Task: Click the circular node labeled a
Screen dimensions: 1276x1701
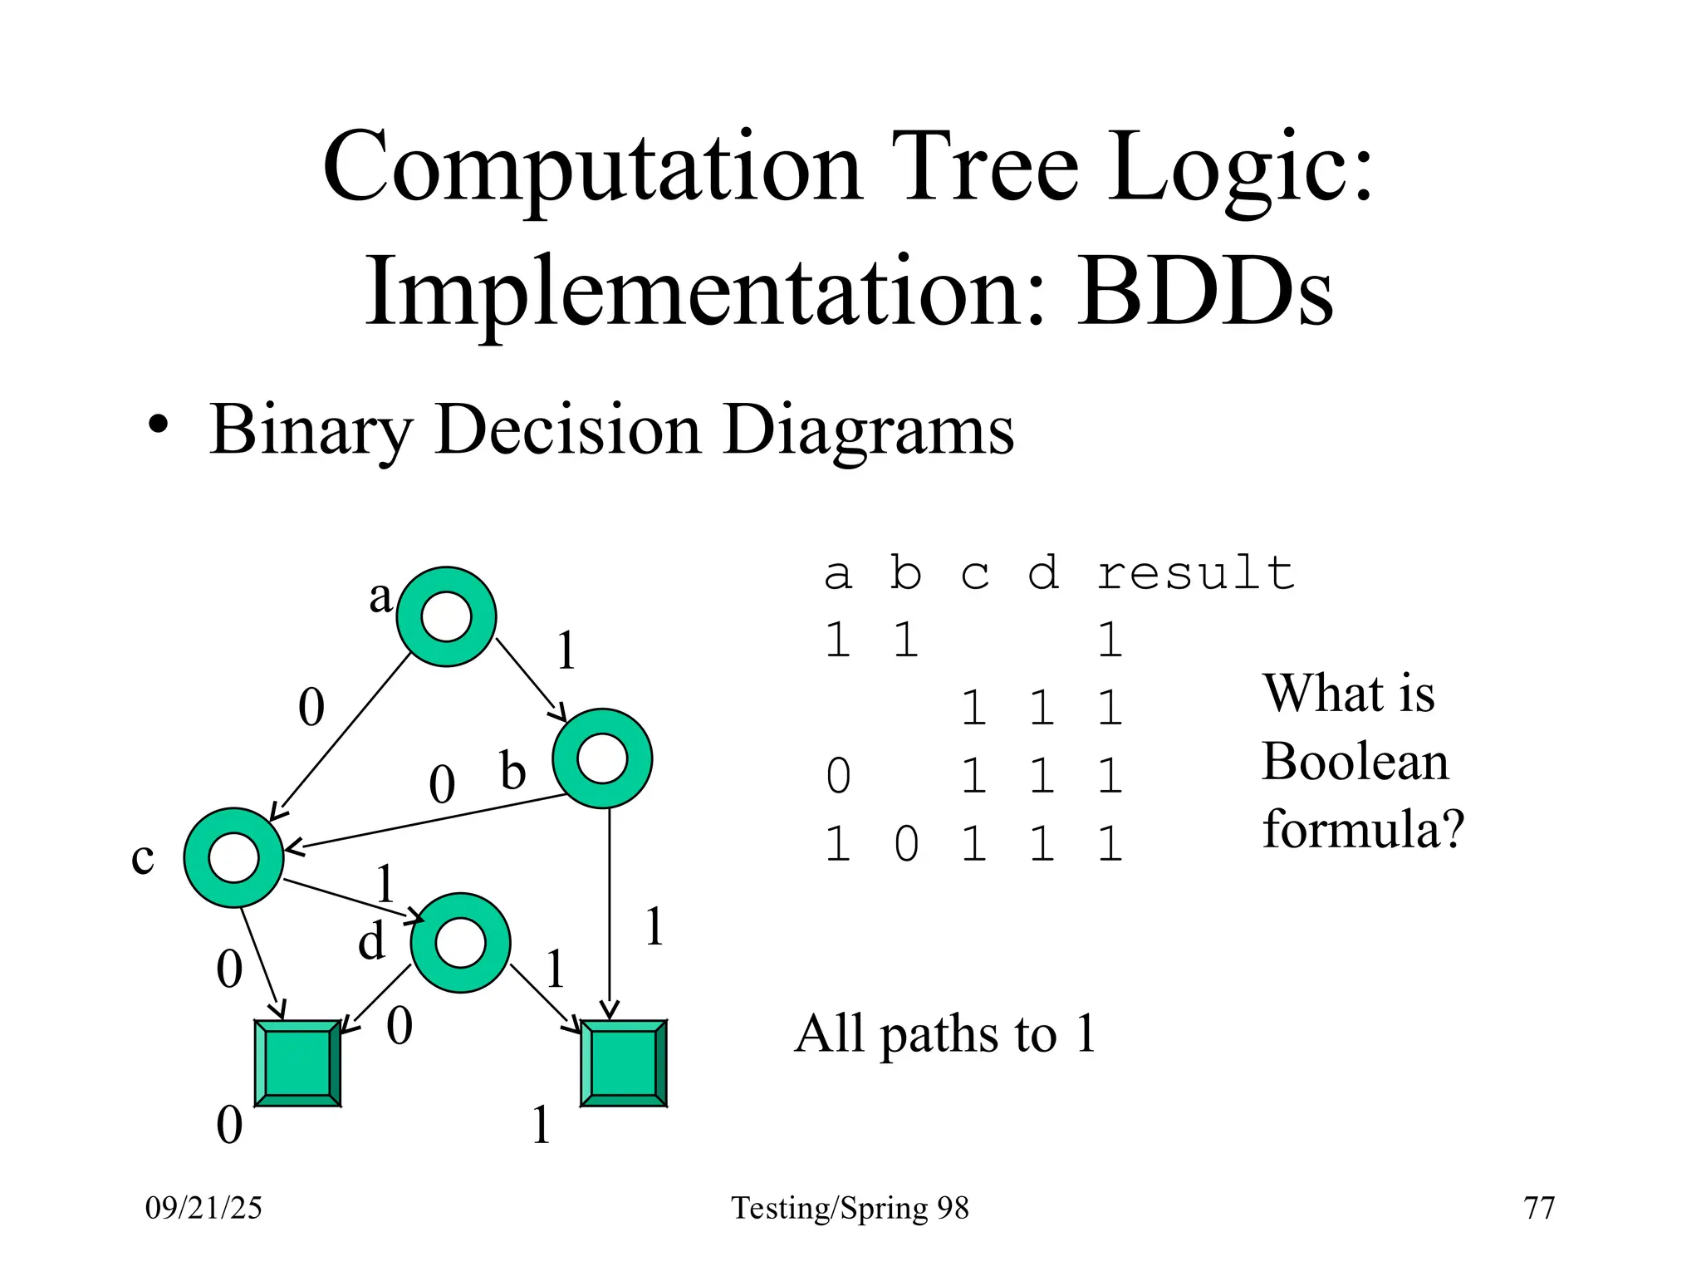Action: [446, 616]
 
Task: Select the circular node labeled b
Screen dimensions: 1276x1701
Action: [602, 758]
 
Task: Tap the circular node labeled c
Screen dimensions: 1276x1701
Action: [234, 857]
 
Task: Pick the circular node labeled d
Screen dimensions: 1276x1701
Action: [460, 943]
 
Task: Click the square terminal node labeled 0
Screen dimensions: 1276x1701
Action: [297, 1063]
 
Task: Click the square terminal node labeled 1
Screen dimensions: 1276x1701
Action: [624, 1063]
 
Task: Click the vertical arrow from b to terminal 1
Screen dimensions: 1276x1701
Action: [610, 914]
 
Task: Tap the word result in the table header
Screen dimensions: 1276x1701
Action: [1196, 573]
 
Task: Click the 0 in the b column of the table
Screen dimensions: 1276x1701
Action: [906, 845]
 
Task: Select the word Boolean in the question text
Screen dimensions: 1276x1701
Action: [1355, 761]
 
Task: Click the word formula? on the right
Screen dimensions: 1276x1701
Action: [1363, 829]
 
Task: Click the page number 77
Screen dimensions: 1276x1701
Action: [1539, 1207]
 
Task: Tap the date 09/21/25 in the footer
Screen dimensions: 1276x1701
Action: [203, 1207]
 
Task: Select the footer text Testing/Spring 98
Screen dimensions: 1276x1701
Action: [850, 1208]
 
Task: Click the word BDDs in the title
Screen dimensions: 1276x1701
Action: [1206, 292]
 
